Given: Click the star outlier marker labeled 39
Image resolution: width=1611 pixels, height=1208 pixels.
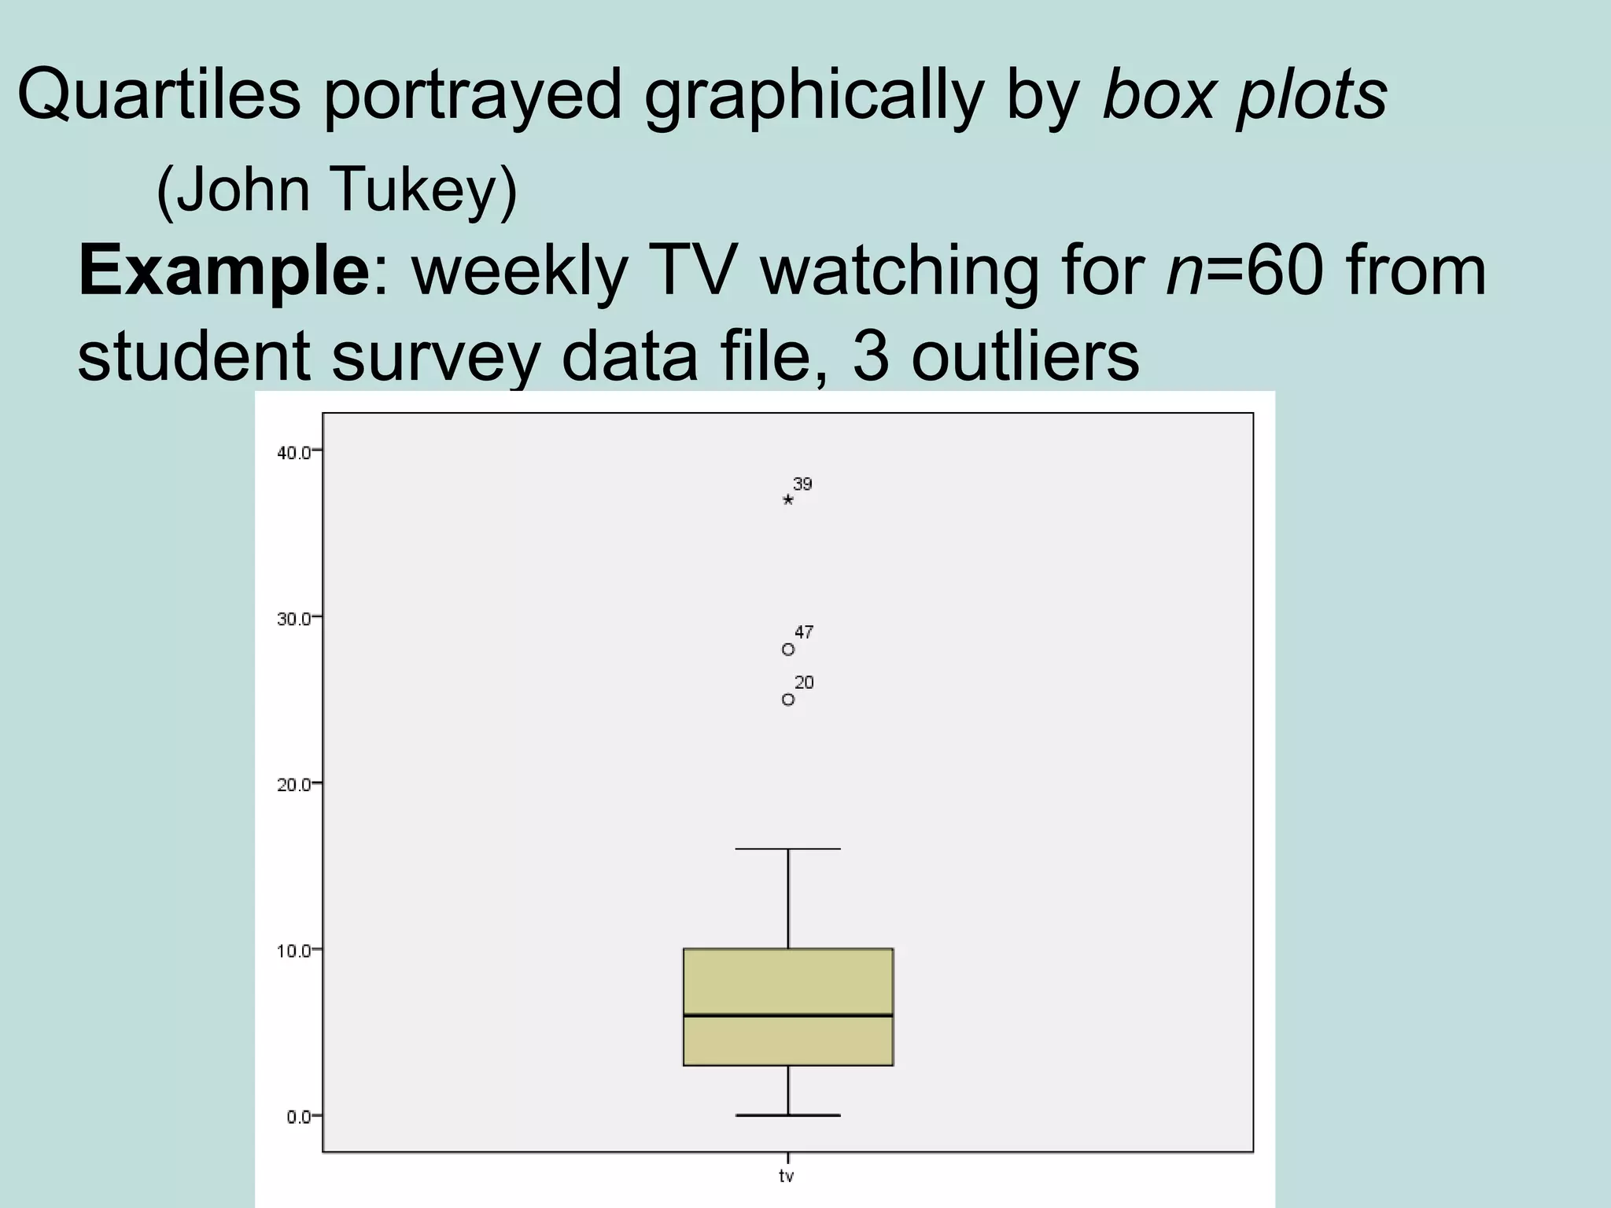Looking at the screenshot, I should [x=788, y=499].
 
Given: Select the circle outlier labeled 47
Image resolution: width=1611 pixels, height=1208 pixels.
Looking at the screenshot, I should [x=788, y=650].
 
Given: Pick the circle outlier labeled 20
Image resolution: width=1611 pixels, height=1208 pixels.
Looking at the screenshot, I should [x=788, y=699].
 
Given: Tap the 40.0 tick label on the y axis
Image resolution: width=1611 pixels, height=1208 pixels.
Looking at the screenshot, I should [x=293, y=451].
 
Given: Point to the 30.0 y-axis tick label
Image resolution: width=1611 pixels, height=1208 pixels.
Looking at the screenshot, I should [x=293, y=618].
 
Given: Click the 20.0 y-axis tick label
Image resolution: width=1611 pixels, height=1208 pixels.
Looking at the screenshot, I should [x=293, y=784].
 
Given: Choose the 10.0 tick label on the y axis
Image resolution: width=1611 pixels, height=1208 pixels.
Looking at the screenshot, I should [x=293, y=950].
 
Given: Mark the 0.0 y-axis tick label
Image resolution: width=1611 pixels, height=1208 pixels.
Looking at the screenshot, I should [x=297, y=1117].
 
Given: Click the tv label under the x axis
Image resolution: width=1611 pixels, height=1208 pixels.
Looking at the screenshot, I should [x=787, y=1177].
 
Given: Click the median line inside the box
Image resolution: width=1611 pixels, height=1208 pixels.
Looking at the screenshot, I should [x=788, y=1015].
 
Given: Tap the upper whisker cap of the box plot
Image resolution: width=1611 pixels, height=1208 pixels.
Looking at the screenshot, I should [x=788, y=849].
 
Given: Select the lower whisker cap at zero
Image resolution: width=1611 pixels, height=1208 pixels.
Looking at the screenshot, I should [x=788, y=1115].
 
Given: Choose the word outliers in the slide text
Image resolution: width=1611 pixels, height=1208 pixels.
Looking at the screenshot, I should [x=1025, y=357].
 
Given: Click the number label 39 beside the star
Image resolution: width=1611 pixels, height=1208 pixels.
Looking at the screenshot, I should [x=802, y=484].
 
